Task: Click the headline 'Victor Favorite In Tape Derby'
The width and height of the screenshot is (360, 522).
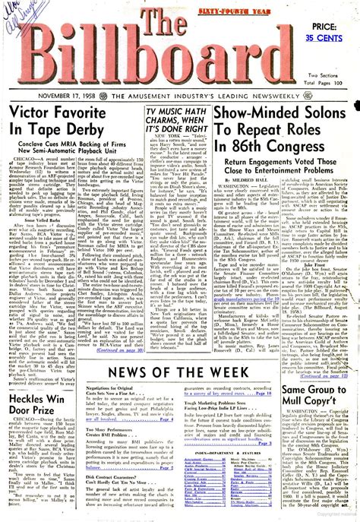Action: (x=71, y=123)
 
